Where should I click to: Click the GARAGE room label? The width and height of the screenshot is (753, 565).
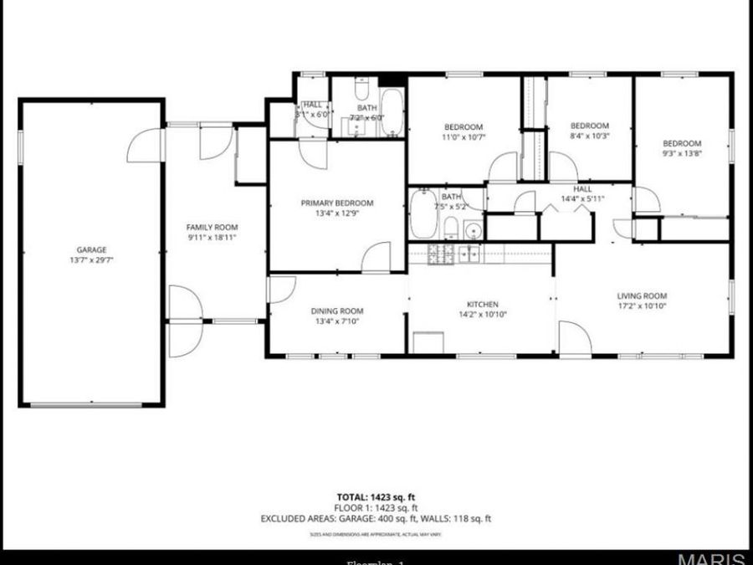pyautogui.click(x=91, y=249)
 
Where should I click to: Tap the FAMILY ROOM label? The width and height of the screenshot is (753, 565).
pyautogui.click(x=212, y=227)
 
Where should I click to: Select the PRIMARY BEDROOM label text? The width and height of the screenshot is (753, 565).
pyautogui.click(x=337, y=203)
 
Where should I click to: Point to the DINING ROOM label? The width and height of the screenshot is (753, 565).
pyautogui.click(x=337, y=311)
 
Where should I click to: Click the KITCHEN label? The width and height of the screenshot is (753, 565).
pyautogui.click(x=482, y=304)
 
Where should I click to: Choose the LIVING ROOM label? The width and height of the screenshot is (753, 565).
pyautogui.click(x=642, y=295)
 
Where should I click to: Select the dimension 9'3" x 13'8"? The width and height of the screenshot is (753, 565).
pyautogui.click(x=682, y=153)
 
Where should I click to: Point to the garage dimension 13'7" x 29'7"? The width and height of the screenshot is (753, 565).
pyautogui.click(x=91, y=260)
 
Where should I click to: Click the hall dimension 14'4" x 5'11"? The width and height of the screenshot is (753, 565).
pyautogui.click(x=582, y=199)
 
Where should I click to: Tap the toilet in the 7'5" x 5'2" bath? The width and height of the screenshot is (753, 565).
pyautogui.click(x=450, y=227)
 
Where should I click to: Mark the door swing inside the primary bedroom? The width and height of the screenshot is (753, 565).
pyautogui.click(x=378, y=256)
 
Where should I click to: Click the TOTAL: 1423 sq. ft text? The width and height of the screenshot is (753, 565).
pyautogui.click(x=376, y=496)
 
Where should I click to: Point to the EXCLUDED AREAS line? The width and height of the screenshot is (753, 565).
pyautogui.click(x=376, y=519)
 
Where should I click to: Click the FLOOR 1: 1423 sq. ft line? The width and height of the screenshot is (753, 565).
pyautogui.click(x=376, y=507)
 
